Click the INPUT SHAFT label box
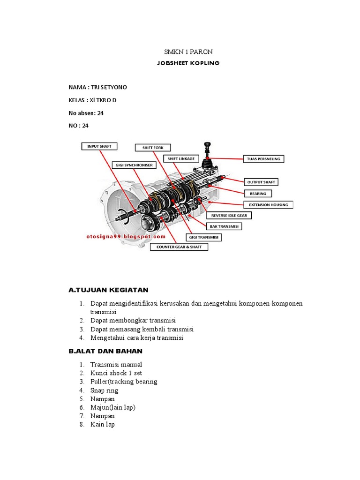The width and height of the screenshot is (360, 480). coord(99,146)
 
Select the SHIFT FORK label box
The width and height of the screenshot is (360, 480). coord(153,148)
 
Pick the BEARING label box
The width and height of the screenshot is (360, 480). coord(257,193)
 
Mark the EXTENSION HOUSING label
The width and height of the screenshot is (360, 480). coord(269,205)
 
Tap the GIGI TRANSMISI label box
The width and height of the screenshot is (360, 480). coord(203,237)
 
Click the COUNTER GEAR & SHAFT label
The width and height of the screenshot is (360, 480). coord(179,247)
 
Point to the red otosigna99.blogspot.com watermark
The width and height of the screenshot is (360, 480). coord(126,237)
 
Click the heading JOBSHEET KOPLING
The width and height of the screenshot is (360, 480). coord(181,63)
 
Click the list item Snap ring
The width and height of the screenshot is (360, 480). coord(104,390)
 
